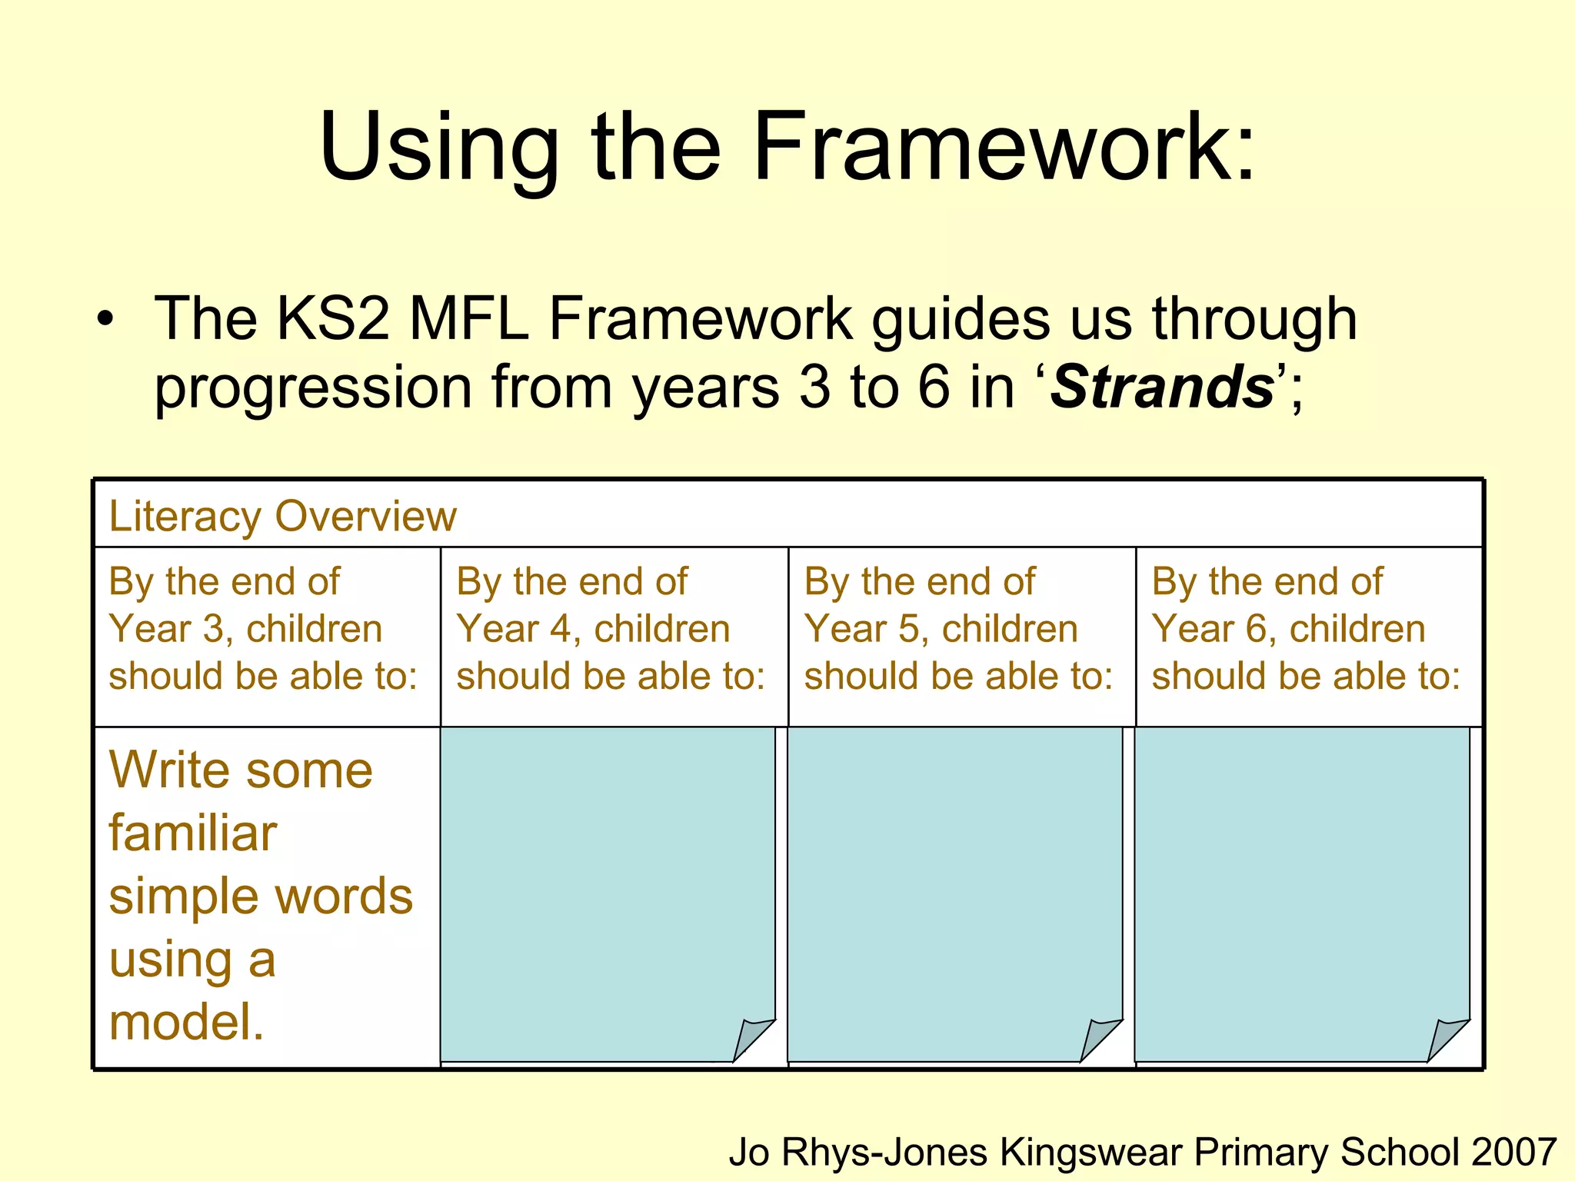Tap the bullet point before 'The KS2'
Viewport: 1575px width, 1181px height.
(105, 318)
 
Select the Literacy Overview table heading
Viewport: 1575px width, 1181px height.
(282, 515)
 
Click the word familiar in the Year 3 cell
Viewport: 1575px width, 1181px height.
(192, 833)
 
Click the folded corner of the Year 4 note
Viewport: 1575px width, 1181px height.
(752, 1039)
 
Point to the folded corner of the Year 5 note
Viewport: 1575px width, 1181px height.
(1100, 1039)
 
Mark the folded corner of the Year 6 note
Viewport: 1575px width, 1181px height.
(1447, 1039)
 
